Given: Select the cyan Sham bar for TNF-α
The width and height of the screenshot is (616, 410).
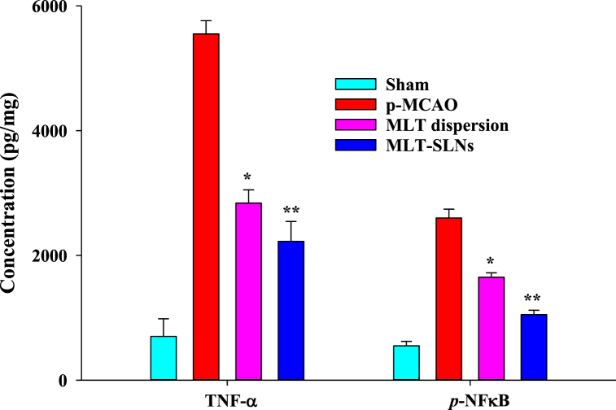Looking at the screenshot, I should coord(164,358).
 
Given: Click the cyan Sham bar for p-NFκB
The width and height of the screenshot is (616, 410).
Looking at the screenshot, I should coord(406,363).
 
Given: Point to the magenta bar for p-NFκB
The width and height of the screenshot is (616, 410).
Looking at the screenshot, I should coord(491,329).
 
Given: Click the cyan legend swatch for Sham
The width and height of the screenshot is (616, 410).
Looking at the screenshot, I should coord(356,84).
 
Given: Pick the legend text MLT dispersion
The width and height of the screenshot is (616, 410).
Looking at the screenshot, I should coord(448,125).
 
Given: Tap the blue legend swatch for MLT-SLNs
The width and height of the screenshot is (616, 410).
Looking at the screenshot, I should coord(356,146).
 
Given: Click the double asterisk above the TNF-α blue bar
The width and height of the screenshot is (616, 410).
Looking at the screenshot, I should coord(291,209).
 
